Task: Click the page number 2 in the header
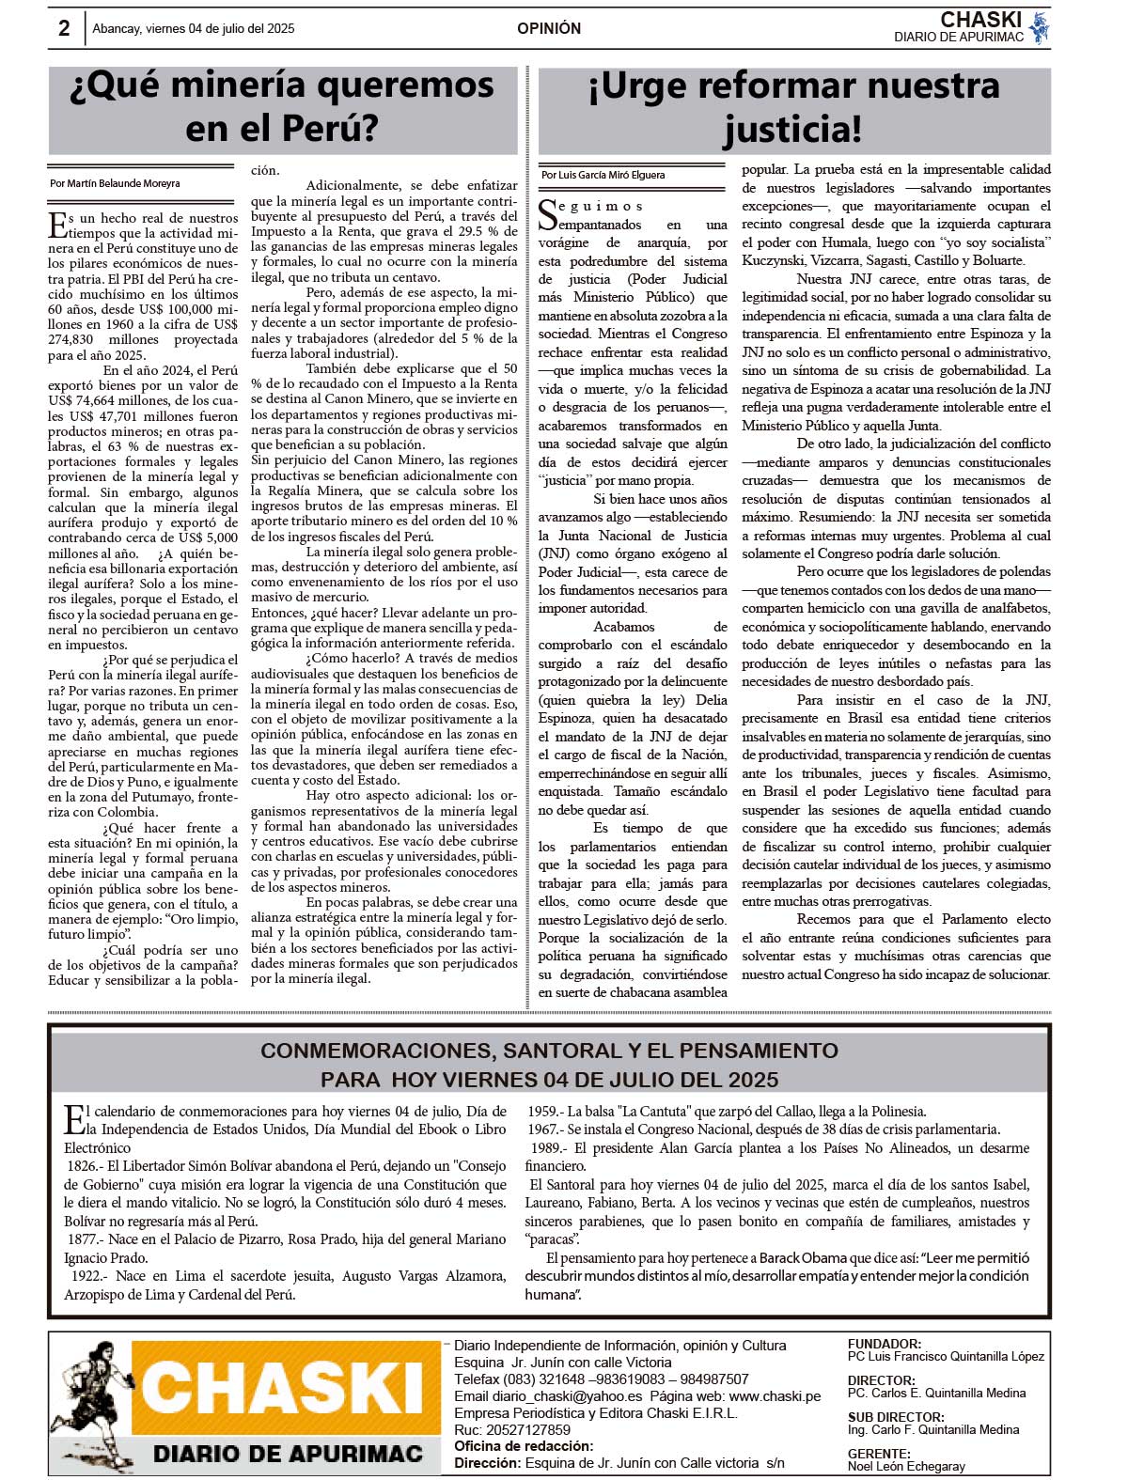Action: (64, 28)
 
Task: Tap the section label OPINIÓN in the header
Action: (549, 29)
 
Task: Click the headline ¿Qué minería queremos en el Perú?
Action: (282, 106)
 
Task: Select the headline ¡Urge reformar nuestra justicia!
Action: (792, 106)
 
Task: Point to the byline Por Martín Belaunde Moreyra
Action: (115, 183)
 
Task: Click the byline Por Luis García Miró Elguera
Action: (603, 175)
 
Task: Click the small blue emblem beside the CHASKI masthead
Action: (1039, 27)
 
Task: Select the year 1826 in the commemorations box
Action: (83, 1166)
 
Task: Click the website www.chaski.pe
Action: (775, 1396)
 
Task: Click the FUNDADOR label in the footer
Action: (884, 1344)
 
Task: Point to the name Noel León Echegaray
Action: (905, 1466)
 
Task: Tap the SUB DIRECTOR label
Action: (896, 1417)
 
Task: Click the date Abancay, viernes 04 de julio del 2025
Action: (194, 29)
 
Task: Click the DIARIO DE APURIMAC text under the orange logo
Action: (288, 1454)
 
